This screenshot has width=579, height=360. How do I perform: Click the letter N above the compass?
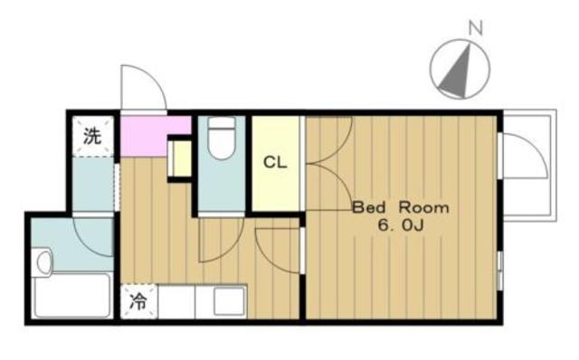click(476, 28)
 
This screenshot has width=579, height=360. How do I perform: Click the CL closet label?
click(275, 162)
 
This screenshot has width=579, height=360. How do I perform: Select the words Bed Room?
click(401, 207)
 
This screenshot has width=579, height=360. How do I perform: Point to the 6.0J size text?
click(401, 225)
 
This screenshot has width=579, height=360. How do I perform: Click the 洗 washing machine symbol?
click(92, 137)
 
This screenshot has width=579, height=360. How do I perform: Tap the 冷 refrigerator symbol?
click(138, 301)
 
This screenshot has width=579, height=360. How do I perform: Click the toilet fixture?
click(222, 138)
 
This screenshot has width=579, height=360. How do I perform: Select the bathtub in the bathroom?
click(72, 296)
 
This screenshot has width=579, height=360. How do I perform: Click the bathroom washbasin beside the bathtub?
click(43, 262)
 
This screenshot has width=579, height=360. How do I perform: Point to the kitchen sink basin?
click(229, 301)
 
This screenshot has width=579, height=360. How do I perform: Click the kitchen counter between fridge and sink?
click(176, 301)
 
